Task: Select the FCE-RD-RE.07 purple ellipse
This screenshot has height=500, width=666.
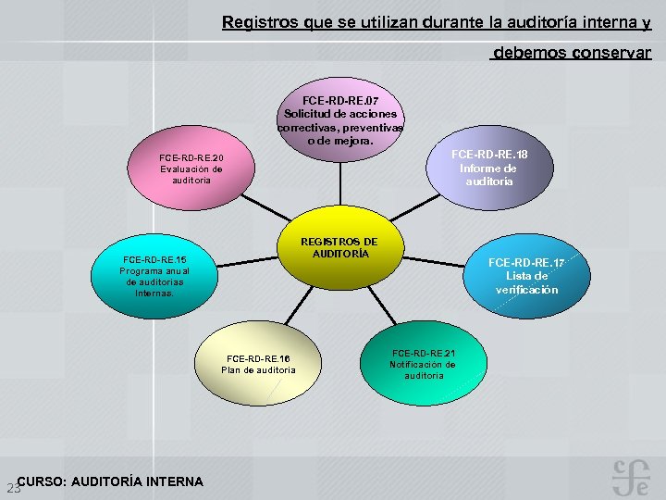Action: (339, 120)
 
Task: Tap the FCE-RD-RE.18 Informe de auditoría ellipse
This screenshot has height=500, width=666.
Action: (488, 169)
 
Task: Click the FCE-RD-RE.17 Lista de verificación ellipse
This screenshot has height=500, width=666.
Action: (525, 275)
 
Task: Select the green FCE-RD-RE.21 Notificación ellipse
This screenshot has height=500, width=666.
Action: (423, 364)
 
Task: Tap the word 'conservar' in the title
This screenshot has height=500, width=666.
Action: (611, 53)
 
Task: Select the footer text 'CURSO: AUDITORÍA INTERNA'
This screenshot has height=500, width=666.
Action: (110, 481)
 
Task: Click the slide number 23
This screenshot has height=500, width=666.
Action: (12, 488)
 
